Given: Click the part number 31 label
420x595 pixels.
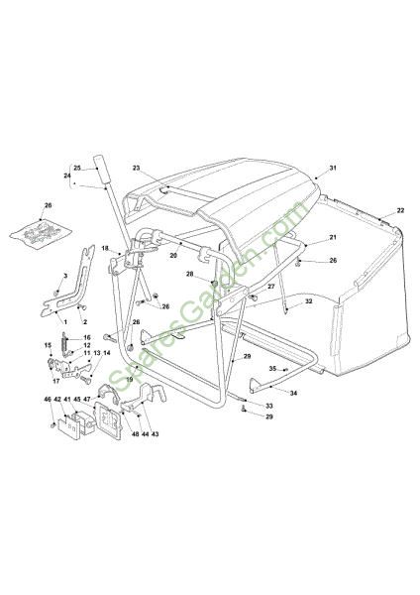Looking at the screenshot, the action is [x=333, y=168].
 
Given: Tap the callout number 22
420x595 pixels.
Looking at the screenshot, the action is [x=400, y=210].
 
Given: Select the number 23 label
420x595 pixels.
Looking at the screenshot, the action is [x=137, y=168].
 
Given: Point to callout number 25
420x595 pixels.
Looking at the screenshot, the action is [x=77, y=168].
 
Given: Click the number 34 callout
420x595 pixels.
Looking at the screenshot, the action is [x=293, y=393].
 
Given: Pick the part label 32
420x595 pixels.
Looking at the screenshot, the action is [x=308, y=301].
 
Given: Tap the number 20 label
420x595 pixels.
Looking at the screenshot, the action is [x=173, y=256].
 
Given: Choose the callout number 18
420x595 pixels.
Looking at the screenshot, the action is [x=105, y=248].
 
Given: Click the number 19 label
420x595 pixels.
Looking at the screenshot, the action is [x=130, y=379].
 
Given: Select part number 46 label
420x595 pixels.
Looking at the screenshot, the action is [x=48, y=400].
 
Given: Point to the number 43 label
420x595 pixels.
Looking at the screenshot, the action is [x=155, y=434].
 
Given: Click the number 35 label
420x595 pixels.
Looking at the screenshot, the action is [x=272, y=369].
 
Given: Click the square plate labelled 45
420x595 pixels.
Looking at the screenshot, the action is [x=108, y=419].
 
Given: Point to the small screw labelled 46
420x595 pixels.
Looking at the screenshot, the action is [x=52, y=425].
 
